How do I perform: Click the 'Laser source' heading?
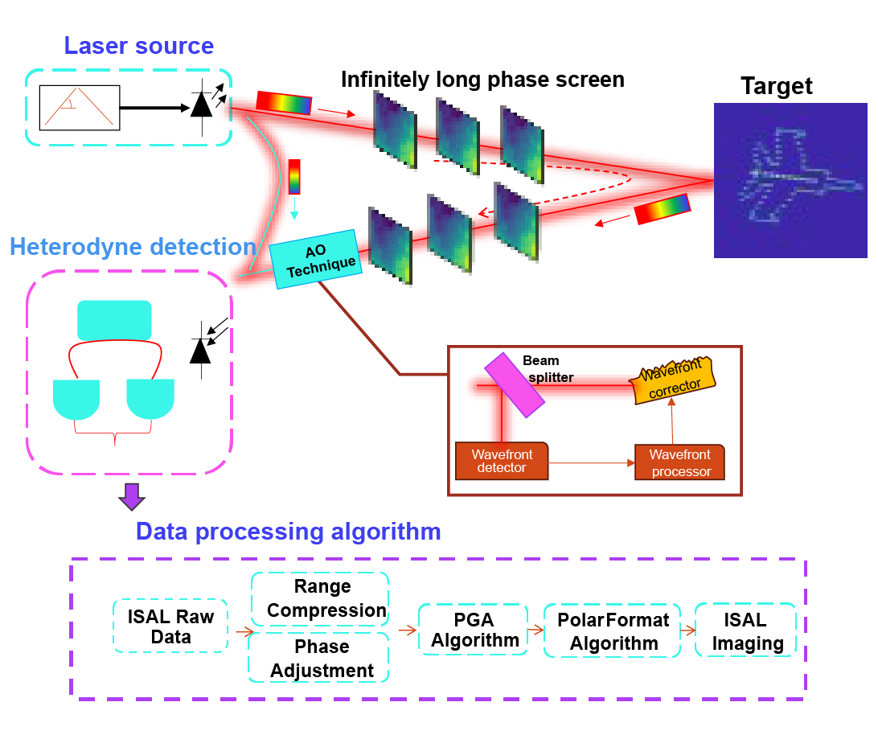coord(139,45)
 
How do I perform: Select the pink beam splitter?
coord(509,385)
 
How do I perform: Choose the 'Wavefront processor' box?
coord(679,462)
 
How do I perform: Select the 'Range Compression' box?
coord(320,599)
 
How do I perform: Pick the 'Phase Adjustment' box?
coord(320,658)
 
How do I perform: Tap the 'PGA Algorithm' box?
coord(473,630)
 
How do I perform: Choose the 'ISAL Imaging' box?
coord(745,631)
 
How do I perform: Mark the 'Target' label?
coord(776,85)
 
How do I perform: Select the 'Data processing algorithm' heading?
coord(288,532)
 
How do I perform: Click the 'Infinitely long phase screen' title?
coord(482,80)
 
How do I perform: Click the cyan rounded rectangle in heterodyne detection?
coord(113,320)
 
